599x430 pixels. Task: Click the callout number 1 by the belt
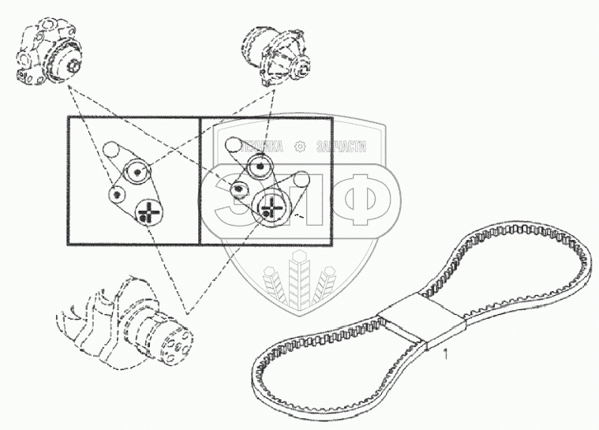[446, 354]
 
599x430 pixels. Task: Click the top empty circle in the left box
[111, 148]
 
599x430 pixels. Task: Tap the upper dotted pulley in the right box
[258, 166]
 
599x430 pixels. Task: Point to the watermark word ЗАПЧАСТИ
[340, 147]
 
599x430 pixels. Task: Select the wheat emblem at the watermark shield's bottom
[300, 280]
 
